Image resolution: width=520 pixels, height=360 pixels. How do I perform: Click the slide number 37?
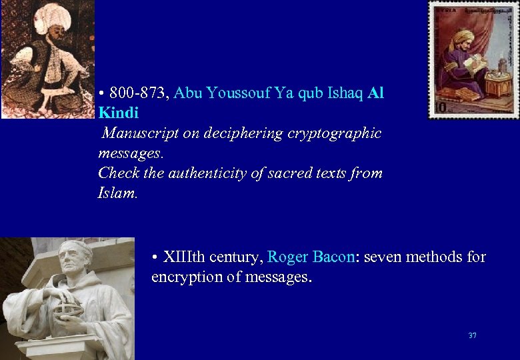(472, 335)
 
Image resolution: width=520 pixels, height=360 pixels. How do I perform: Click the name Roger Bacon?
(310, 257)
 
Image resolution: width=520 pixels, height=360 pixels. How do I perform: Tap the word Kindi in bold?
(118, 113)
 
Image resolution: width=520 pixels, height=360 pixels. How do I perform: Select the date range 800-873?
(138, 93)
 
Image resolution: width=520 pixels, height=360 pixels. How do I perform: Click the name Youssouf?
(233, 93)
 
